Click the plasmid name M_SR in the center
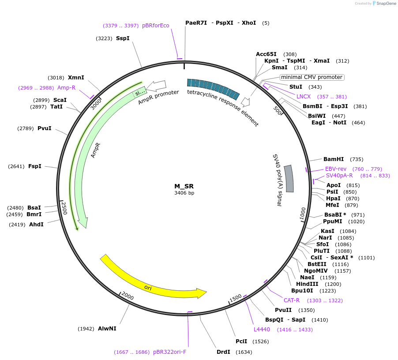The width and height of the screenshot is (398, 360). pos(184,186)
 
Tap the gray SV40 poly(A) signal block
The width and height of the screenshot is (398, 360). pos(289,179)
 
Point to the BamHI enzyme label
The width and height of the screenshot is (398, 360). pos(334,159)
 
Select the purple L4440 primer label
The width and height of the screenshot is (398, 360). pos(262,330)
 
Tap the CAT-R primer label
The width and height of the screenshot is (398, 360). pos(292,300)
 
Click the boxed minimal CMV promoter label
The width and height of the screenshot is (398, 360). pos(312,77)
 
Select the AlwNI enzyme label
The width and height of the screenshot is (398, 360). pos(107,329)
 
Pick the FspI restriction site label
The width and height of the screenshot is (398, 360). pos(35,166)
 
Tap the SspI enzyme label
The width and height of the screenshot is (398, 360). pos(123,38)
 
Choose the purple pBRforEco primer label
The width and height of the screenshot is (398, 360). pos(155,26)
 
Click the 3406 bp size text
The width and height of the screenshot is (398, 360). pos(184,193)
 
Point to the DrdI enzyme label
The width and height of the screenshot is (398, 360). pos(224,352)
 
